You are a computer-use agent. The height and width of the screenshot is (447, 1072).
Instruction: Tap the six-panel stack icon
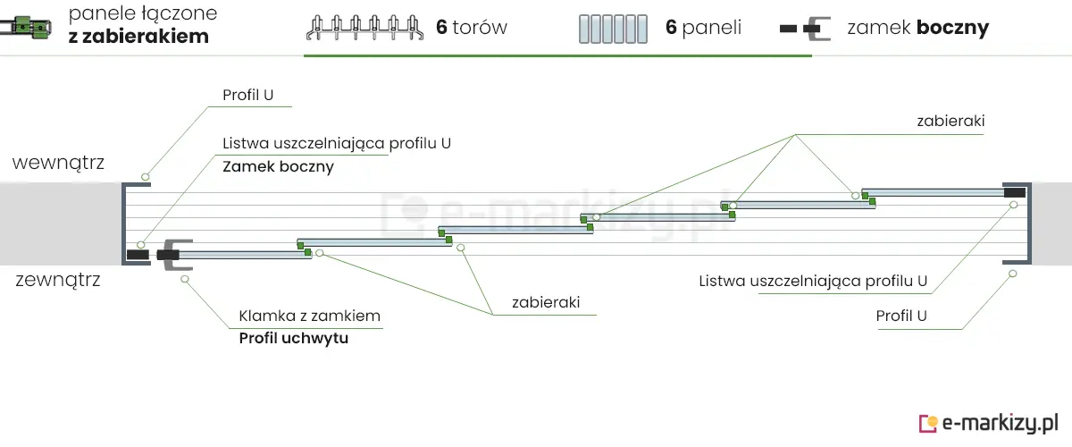tap(612, 29)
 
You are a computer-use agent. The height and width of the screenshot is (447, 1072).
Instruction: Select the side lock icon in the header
tap(805, 29)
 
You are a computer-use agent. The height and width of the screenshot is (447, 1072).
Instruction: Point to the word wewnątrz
tap(58, 163)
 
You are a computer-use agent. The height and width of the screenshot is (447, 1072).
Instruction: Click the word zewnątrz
tap(58, 280)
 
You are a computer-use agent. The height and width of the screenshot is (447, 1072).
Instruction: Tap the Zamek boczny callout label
tap(278, 166)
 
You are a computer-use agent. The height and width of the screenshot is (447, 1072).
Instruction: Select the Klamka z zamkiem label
tap(309, 316)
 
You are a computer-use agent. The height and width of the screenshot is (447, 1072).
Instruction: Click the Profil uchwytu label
tap(293, 339)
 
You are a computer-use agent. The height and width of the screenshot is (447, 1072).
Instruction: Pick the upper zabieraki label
tap(951, 121)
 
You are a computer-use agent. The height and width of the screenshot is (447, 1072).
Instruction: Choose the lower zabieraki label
tap(546, 302)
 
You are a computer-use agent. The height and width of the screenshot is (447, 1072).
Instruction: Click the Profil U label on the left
tap(248, 95)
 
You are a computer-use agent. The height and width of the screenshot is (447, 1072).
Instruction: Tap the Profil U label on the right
tap(901, 316)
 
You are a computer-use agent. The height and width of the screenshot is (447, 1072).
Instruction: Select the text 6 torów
tap(472, 28)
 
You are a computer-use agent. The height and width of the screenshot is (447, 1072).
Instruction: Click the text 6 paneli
tap(703, 28)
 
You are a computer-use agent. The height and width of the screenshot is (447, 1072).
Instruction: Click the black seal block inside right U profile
tap(1014, 192)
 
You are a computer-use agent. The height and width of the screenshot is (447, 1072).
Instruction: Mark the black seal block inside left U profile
tap(138, 255)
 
